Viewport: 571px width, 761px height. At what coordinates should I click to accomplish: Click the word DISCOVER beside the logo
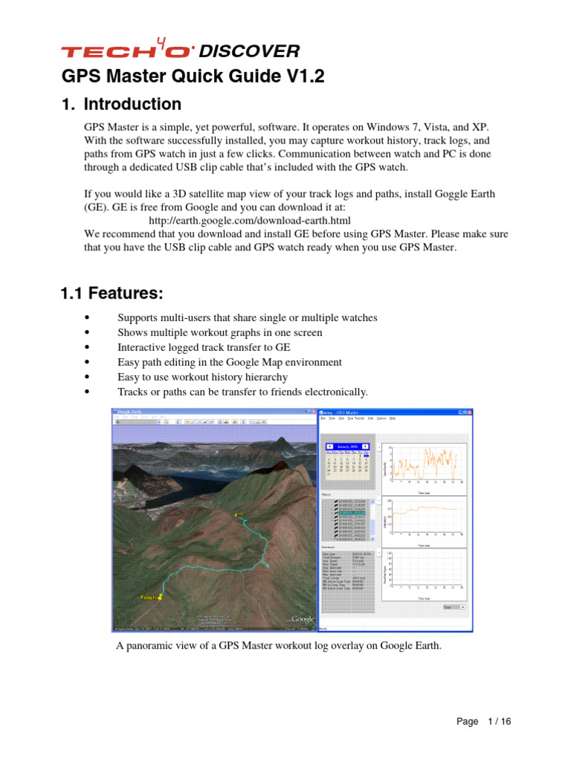click(x=250, y=51)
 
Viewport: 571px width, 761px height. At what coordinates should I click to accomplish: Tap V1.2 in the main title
click(x=303, y=77)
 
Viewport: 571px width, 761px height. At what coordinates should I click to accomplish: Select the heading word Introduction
click(x=132, y=104)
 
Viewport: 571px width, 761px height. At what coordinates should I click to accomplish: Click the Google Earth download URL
click(x=249, y=221)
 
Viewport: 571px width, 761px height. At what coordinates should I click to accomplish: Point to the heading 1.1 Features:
click(x=112, y=294)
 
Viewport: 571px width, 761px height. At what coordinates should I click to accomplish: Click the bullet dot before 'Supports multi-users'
click(x=88, y=318)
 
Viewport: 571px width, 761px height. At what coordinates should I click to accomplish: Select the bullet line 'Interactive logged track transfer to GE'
click(x=204, y=347)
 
